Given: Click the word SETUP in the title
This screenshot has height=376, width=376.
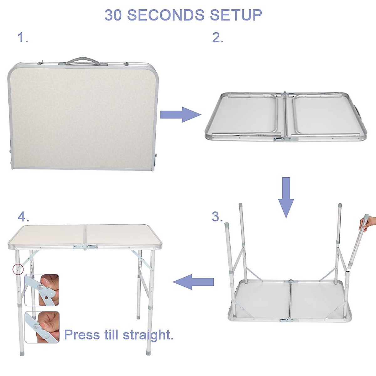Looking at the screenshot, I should point(236,15).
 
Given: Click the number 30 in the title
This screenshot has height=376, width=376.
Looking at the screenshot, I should point(113,15).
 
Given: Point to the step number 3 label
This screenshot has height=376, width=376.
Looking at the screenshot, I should point(217,217).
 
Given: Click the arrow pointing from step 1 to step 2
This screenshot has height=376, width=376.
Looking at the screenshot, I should point(180,115).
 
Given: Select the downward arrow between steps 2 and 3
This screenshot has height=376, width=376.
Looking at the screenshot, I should point(286,197).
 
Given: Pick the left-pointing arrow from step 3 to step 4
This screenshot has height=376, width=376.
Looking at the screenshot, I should point(193,282).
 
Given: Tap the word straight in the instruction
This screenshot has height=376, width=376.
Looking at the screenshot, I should point(148,335).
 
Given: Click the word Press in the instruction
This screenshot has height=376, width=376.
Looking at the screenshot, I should point(81,335).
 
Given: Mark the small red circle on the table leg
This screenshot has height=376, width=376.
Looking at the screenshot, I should point(18,269).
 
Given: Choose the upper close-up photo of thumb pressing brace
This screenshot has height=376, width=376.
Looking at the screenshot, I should point(42,290).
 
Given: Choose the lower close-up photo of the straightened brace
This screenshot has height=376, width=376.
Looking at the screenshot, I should point(42,327).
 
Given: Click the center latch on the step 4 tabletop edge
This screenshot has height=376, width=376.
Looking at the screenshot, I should point(85,247).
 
